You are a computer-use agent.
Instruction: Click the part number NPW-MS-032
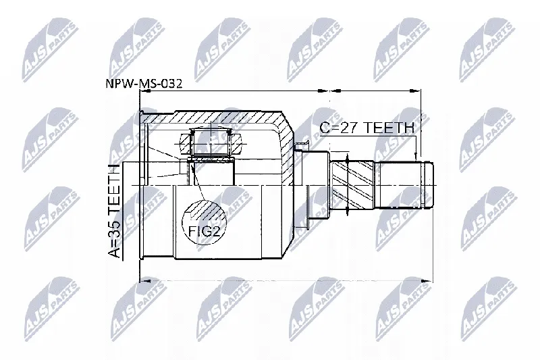click(x=144, y=84)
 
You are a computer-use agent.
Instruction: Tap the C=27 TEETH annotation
click(x=367, y=128)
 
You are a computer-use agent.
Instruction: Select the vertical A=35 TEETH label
click(x=114, y=211)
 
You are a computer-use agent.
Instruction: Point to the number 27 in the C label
click(x=349, y=128)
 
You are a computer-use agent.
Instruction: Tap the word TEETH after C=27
click(x=389, y=128)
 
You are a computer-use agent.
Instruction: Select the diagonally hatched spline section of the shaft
click(x=353, y=185)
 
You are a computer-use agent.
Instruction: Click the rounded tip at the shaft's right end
click(x=429, y=185)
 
